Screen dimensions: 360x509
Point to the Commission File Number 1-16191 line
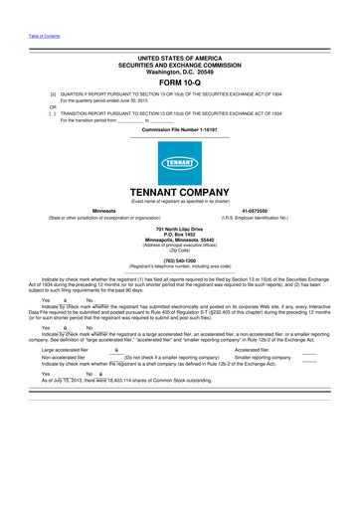pyautogui.click(x=180, y=129)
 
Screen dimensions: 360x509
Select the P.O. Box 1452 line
pyautogui.click(x=180, y=236)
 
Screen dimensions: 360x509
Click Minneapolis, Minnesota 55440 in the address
pyautogui.click(x=180, y=242)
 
